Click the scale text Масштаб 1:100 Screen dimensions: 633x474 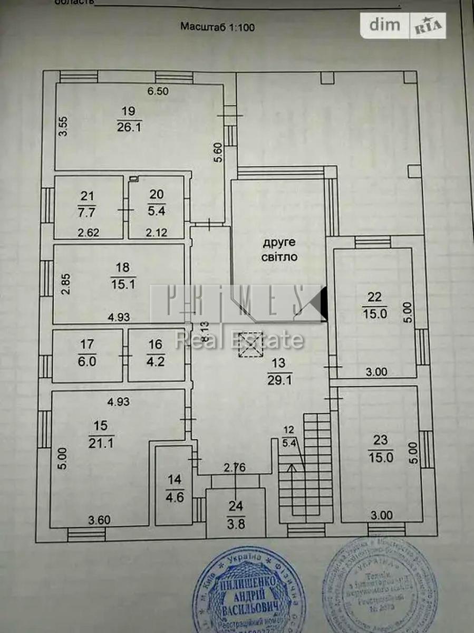pyautogui.click(x=217, y=27)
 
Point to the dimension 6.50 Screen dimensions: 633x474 pyautogui.click(x=158, y=91)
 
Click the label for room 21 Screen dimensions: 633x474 pyautogui.click(x=87, y=196)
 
